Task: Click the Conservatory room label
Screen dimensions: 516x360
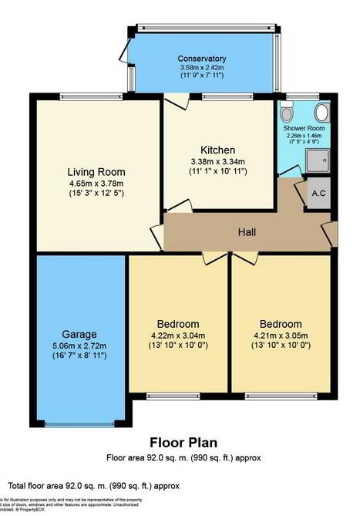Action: (201, 59)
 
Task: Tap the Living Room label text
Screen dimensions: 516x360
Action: (96, 172)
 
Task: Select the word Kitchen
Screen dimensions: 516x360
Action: (217, 150)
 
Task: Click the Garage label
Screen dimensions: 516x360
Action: (80, 335)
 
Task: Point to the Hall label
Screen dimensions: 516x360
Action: (247, 232)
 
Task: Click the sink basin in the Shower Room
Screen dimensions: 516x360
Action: (321, 113)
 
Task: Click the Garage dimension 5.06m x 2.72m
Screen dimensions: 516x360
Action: (80, 346)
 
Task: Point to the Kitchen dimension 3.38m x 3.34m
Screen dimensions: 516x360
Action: (217, 161)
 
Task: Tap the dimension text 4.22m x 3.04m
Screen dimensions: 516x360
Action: (178, 335)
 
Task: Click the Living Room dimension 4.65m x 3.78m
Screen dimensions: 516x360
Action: (96, 184)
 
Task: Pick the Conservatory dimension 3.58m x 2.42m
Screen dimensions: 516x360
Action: (201, 68)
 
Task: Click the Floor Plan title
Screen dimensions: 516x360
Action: (183, 443)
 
